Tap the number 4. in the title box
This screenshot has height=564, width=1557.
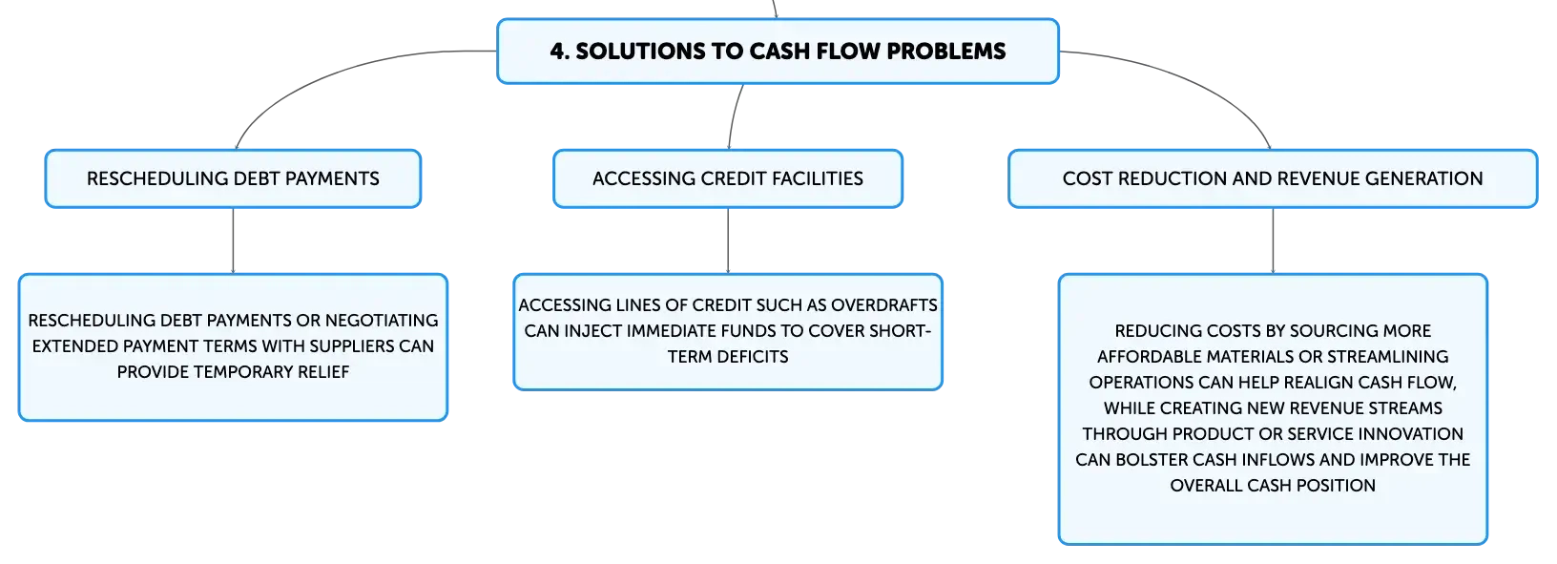[x=559, y=51]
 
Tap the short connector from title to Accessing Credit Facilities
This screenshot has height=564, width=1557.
[x=734, y=116]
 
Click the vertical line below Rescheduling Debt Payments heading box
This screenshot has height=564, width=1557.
[x=233, y=240]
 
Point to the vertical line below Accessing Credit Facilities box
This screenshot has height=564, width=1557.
[x=728, y=240]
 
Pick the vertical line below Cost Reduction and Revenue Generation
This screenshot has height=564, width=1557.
[x=1273, y=240]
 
